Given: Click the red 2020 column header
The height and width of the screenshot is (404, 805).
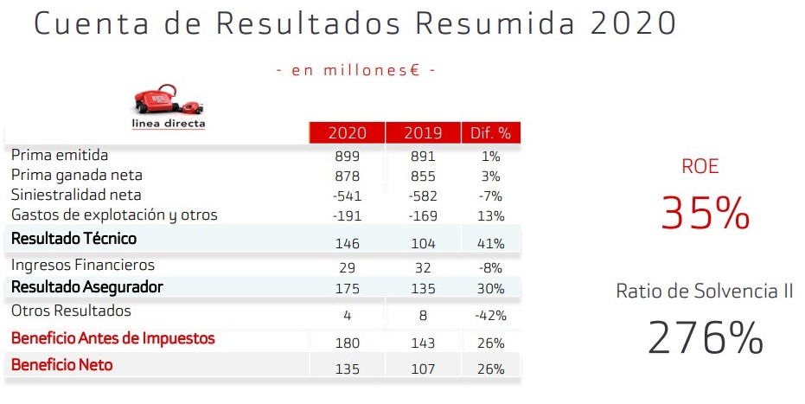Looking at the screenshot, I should tap(346, 133).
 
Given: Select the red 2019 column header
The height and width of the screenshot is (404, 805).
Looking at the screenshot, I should tap(422, 133).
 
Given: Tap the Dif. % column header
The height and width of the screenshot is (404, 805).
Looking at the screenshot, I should tap(489, 133).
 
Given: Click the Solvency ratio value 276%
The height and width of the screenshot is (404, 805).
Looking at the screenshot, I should tap(705, 337).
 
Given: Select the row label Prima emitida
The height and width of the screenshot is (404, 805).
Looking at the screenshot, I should tap(60, 156).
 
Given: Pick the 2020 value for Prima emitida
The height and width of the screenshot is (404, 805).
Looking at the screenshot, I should tap(346, 157).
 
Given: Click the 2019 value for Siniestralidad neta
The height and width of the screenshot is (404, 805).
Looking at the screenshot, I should tap(422, 196).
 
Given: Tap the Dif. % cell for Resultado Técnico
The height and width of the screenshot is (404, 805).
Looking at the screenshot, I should tap(490, 243).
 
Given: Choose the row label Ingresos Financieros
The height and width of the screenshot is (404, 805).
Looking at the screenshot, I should tap(82, 266).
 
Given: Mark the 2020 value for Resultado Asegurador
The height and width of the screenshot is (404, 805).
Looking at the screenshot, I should tap(346, 289).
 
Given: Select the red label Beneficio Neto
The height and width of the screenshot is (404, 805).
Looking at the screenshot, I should tap(61, 365).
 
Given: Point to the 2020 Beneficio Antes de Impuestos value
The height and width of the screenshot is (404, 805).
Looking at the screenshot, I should tap(346, 343).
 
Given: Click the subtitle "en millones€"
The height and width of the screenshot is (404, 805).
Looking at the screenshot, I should tap(355, 70).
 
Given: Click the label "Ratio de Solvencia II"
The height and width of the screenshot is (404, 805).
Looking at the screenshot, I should tap(704, 292).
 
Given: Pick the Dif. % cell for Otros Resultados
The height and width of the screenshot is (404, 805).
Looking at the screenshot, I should tap(490, 315).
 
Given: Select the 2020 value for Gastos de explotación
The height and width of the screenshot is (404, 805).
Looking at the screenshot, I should tap(346, 215).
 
